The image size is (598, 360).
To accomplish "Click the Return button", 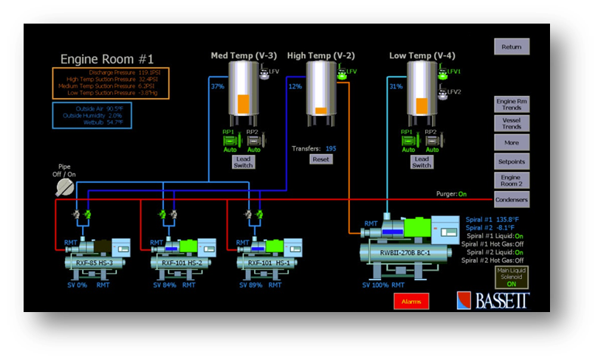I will click(x=511, y=47).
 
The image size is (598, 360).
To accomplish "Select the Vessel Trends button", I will click(x=511, y=123).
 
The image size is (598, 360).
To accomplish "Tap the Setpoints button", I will click(x=511, y=160).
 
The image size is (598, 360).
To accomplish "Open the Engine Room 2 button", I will click(x=511, y=181).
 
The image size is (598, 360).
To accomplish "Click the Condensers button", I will click(x=511, y=199).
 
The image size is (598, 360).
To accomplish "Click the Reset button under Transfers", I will click(x=320, y=159).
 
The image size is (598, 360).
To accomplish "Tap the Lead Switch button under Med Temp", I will click(x=244, y=162).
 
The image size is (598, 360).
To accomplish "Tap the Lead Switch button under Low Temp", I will click(x=422, y=162).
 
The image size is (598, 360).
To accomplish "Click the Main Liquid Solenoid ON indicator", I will click(x=511, y=279).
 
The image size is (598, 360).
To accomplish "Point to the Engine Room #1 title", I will click(x=108, y=59).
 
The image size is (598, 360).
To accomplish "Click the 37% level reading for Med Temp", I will click(x=218, y=86).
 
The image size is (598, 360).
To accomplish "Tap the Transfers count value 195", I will click(x=331, y=148).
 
